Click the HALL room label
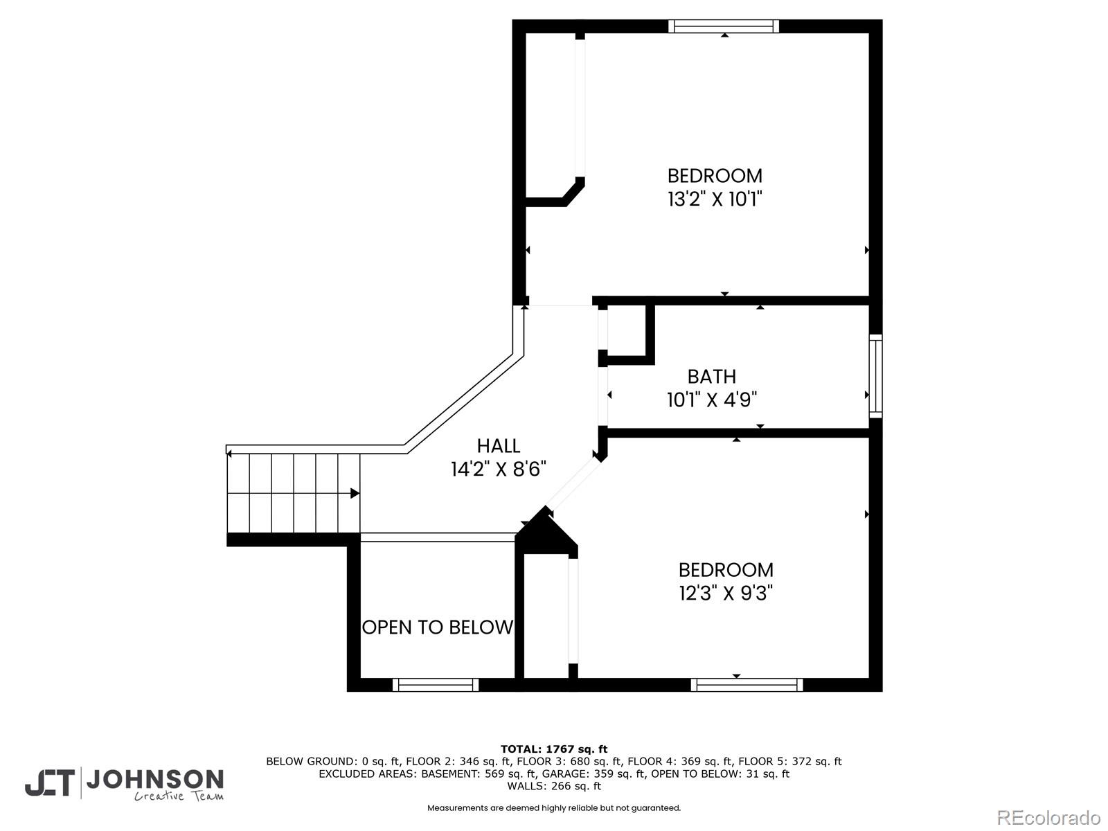(x=498, y=446)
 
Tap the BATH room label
(x=711, y=377)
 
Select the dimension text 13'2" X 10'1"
(x=715, y=199)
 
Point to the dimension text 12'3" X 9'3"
(x=725, y=593)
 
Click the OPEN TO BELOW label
(x=438, y=627)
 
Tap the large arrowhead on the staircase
(x=355, y=493)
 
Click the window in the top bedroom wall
(x=724, y=26)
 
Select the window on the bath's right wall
(x=876, y=375)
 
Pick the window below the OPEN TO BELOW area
(x=436, y=685)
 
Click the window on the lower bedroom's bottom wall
(x=747, y=685)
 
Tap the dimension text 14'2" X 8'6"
(x=498, y=470)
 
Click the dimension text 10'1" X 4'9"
(x=711, y=400)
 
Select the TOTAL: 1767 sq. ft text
(x=553, y=749)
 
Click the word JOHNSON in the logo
(x=154, y=780)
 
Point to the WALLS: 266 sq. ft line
(x=553, y=786)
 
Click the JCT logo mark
(x=49, y=783)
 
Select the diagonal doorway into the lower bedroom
(x=573, y=485)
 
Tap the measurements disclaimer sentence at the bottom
(x=553, y=808)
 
